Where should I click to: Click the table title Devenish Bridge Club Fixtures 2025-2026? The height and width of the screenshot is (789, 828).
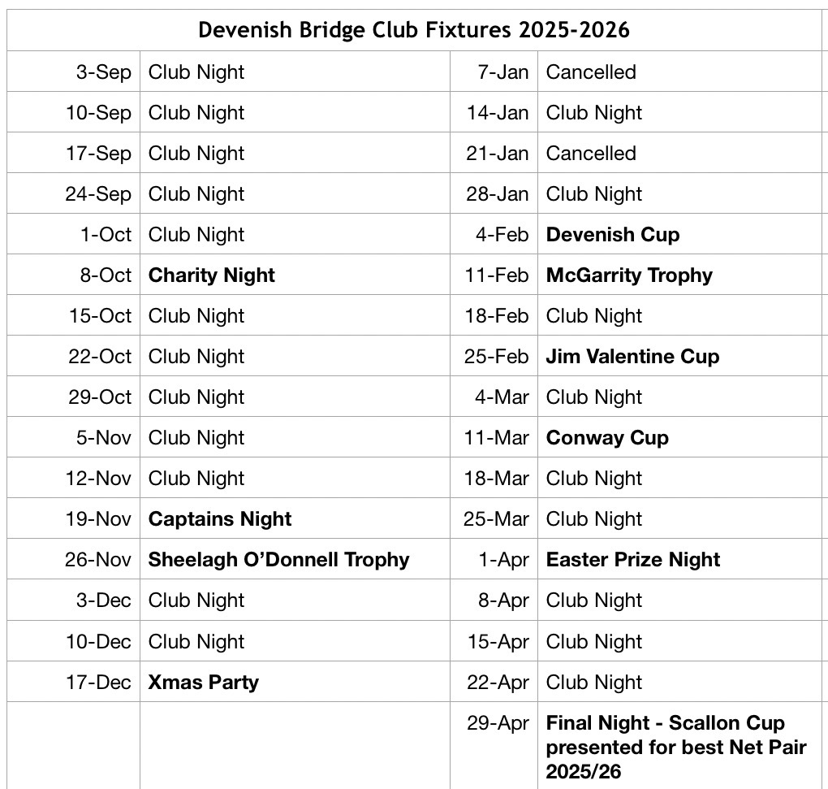tap(414, 30)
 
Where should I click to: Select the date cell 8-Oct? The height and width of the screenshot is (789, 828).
tap(105, 275)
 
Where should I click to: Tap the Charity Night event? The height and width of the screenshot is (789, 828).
tap(211, 275)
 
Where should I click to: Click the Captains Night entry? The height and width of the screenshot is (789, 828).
tap(219, 519)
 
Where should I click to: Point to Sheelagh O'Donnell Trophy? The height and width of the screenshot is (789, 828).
tap(278, 560)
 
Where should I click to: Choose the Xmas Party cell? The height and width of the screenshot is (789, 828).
tap(203, 682)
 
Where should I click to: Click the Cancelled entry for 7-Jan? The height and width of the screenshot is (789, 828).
tap(590, 72)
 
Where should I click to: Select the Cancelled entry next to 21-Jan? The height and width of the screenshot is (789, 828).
tap(590, 154)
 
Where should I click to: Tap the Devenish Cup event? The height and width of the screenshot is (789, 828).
tap(612, 235)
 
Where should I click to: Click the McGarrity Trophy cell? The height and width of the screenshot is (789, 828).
tap(628, 275)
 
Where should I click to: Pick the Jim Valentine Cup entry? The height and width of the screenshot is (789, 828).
tap(632, 357)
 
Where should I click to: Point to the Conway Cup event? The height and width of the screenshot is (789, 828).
tap(606, 438)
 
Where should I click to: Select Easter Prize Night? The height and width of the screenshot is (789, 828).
tap(632, 560)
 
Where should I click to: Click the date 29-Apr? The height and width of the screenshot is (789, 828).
tap(498, 723)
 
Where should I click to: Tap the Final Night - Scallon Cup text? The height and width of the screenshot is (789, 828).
tap(666, 723)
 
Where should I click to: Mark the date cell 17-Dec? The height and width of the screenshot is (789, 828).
tap(97, 682)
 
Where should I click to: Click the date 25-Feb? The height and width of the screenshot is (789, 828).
tap(496, 357)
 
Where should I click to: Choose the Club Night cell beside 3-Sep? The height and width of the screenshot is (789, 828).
tap(196, 72)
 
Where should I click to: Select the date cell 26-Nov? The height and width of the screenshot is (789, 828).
tap(97, 560)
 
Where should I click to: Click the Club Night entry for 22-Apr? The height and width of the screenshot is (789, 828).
tap(593, 682)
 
